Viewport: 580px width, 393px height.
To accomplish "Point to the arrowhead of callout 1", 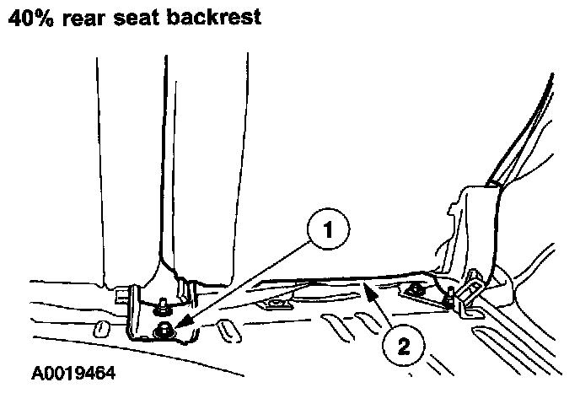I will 172,324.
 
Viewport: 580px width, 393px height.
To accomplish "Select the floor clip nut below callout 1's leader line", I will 274,301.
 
